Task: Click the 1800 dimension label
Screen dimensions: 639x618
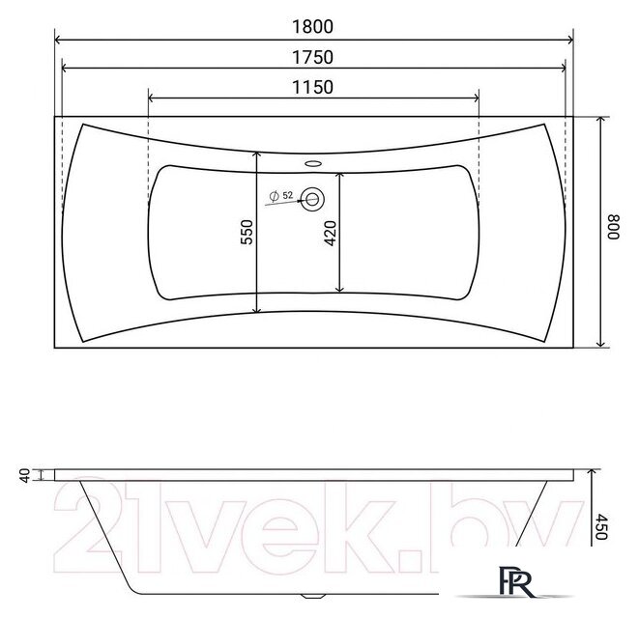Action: [312, 26]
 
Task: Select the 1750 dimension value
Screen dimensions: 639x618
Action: [312, 57]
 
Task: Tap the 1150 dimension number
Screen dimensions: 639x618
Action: [312, 87]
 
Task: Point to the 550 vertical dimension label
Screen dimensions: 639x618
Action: [247, 232]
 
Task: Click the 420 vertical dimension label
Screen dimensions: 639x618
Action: [331, 233]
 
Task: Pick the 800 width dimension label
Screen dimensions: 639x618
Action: [613, 227]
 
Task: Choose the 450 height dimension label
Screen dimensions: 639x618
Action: [601, 526]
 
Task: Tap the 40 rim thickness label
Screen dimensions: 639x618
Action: [25, 475]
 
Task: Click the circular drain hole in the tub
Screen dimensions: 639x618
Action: [312, 199]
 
